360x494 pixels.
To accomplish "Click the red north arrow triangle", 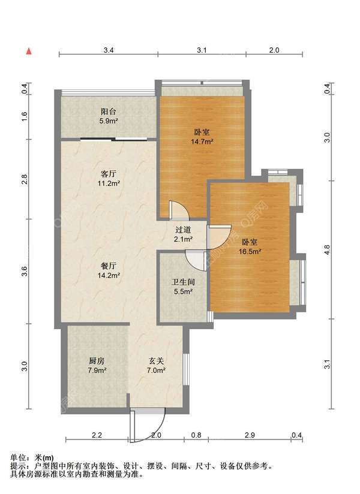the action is pyautogui.click(x=29, y=52).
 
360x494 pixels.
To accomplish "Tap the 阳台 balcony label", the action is pyautogui.click(x=109, y=112).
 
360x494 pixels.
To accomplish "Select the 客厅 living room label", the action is pyautogui.click(x=109, y=174).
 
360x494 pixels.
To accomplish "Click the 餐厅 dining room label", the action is pyautogui.click(x=109, y=266).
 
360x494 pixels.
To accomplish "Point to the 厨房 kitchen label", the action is pyautogui.click(x=97, y=361).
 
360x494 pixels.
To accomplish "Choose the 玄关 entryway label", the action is pyautogui.click(x=157, y=361).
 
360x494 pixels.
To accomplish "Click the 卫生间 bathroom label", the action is pyautogui.click(x=183, y=282).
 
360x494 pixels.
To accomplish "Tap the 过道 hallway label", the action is pyautogui.click(x=183, y=230).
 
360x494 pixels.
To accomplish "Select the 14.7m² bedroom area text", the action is pyautogui.click(x=202, y=141).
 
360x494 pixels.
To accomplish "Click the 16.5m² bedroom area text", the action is pyautogui.click(x=250, y=251).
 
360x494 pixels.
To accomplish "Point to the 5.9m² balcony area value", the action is pyautogui.click(x=109, y=121).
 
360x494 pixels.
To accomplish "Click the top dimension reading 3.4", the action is pyautogui.click(x=109, y=50).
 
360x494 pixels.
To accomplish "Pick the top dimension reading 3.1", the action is pyautogui.click(x=202, y=50).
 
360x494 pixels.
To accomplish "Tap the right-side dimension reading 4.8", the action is pyautogui.click(x=327, y=249).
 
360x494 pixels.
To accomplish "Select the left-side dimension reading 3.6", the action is pyautogui.click(x=25, y=271).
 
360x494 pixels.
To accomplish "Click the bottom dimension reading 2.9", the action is pyautogui.click(x=250, y=435).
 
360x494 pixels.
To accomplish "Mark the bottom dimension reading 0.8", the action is pyautogui.click(x=196, y=435).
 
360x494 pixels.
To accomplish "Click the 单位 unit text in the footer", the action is pyautogui.click(x=17, y=457).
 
